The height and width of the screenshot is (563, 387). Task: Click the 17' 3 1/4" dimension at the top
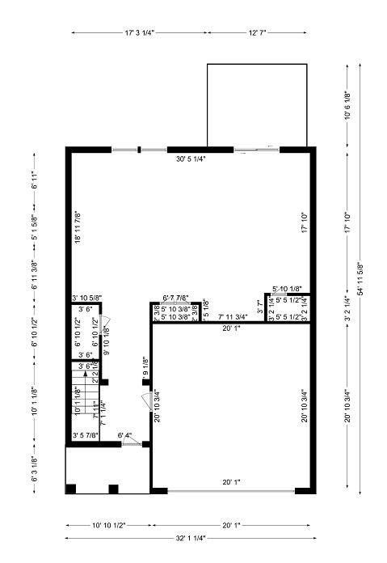click(x=140, y=33)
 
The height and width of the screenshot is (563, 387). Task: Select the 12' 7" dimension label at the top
click(x=257, y=33)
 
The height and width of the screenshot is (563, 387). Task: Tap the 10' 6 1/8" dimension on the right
click(x=347, y=105)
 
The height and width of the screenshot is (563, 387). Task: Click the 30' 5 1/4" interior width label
click(x=191, y=159)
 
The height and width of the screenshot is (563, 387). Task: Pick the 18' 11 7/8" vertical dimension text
click(x=78, y=227)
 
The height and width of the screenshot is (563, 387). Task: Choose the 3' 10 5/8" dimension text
click(x=86, y=298)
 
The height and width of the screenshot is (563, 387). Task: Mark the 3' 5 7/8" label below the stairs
click(x=86, y=436)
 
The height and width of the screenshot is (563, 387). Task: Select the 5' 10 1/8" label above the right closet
click(x=287, y=289)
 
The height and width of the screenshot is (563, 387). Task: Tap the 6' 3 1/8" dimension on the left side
click(x=34, y=469)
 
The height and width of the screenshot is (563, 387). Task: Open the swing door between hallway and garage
click(x=146, y=400)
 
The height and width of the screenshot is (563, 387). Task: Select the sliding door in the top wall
click(x=256, y=149)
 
